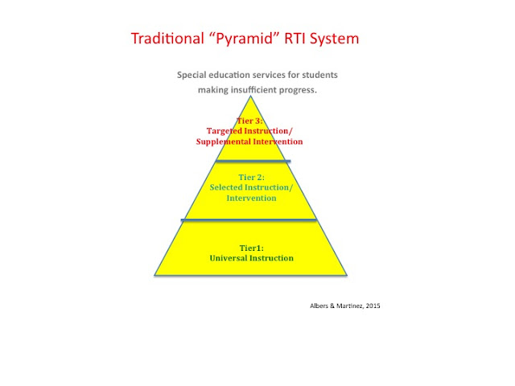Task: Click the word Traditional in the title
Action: pyautogui.click(x=168, y=38)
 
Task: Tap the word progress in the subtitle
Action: pyautogui.click(x=299, y=89)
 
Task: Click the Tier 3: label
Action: pyautogui.click(x=250, y=121)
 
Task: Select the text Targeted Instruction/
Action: pyautogui.click(x=250, y=131)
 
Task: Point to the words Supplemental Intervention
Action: pyautogui.click(x=250, y=142)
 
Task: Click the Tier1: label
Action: pyautogui.click(x=252, y=248)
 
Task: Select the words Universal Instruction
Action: pyautogui.click(x=252, y=258)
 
